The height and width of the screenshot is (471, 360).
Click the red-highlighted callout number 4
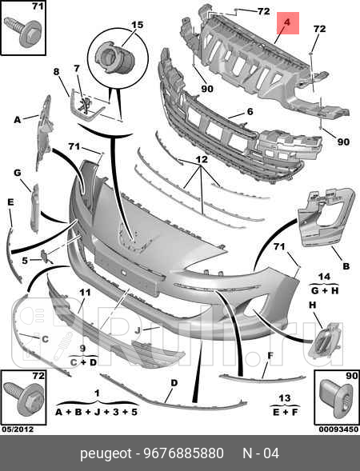[x=287, y=22]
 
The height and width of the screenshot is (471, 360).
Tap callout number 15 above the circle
[x=138, y=24]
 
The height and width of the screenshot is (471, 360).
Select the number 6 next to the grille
[x=250, y=111]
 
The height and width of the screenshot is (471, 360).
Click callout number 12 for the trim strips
[x=202, y=159]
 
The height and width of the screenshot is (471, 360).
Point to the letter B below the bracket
[x=346, y=265]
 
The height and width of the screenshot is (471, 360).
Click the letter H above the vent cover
[x=313, y=305]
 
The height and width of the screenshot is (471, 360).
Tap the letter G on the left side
[x=18, y=173]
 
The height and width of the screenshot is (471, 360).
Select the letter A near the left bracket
[x=18, y=120]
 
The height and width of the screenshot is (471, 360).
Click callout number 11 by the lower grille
[x=85, y=292]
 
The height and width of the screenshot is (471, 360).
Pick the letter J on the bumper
[x=138, y=330]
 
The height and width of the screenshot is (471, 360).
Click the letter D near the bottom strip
[x=174, y=383]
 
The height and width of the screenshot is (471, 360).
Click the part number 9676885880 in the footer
[x=184, y=453]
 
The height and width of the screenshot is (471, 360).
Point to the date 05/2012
[x=18, y=429]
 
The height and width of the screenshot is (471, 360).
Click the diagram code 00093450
[x=338, y=429]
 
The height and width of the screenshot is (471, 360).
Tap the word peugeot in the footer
[x=106, y=453]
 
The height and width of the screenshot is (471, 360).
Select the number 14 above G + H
[x=324, y=277]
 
